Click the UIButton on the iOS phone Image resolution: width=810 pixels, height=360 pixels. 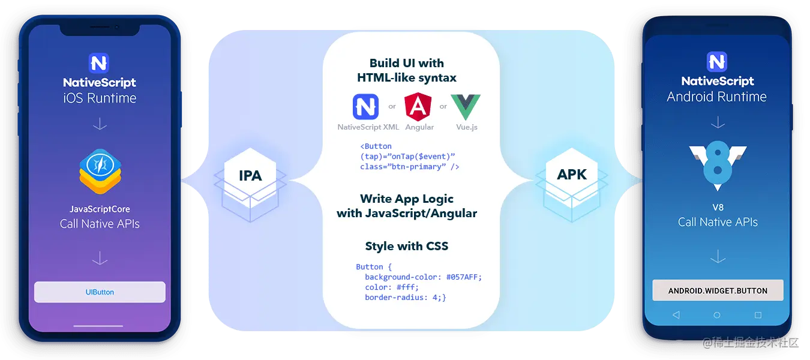click(100, 292)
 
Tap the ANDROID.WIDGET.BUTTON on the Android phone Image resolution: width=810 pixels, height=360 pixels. click(718, 290)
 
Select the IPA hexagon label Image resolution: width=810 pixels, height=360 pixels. click(250, 176)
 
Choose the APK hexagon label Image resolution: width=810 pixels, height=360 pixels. click(571, 175)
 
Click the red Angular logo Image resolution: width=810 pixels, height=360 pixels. click(418, 107)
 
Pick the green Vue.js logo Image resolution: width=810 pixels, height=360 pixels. click(466, 107)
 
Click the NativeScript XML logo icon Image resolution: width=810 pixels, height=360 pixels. click(367, 107)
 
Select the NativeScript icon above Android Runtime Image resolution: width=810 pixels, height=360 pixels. click(717, 62)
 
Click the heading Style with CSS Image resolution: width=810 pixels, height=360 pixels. click(406, 247)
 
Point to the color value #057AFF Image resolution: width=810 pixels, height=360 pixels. click(464, 277)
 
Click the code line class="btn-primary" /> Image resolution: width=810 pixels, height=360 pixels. click(410, 167)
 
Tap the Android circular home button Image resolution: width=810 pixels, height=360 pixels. click(717, 315)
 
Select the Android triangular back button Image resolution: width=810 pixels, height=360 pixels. click(676, 315)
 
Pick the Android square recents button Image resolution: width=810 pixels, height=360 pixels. click(758, 315)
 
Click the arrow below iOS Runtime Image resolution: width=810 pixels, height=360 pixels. click(100, 124)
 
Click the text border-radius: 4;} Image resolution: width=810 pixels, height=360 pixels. click(405, 298)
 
